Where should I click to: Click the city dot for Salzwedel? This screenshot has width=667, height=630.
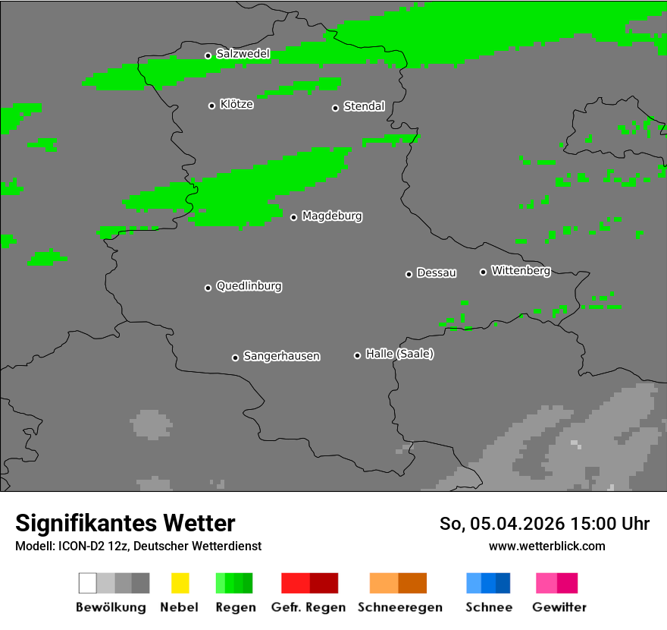tap(208, 55)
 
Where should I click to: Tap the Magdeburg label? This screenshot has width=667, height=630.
tap(332, 216)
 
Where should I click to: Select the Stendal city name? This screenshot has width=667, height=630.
tap(364, 107)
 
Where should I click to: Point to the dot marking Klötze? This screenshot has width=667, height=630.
tap(211, 106)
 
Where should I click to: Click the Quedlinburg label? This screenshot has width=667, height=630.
tap(249, 286)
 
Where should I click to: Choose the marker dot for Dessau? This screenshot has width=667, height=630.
tap(409, 274)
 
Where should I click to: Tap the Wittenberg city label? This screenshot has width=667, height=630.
tap(521, 271)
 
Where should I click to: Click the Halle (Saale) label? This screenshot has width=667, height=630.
tap(399, 354)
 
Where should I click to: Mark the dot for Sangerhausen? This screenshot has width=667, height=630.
tap(235, 358)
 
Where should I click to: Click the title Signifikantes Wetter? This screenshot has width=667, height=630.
tap(125, 524)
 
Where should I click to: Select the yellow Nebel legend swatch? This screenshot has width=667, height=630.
tap(180, 583)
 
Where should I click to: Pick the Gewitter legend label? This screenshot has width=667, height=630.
tap(559, 607)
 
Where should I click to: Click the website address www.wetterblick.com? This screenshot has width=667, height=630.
tap(546, 546)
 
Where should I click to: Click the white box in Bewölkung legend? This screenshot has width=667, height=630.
tap(88, 583)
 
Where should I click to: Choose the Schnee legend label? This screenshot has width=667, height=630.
tap(488, 607)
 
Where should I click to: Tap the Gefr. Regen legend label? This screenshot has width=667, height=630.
tap(309, 607)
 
